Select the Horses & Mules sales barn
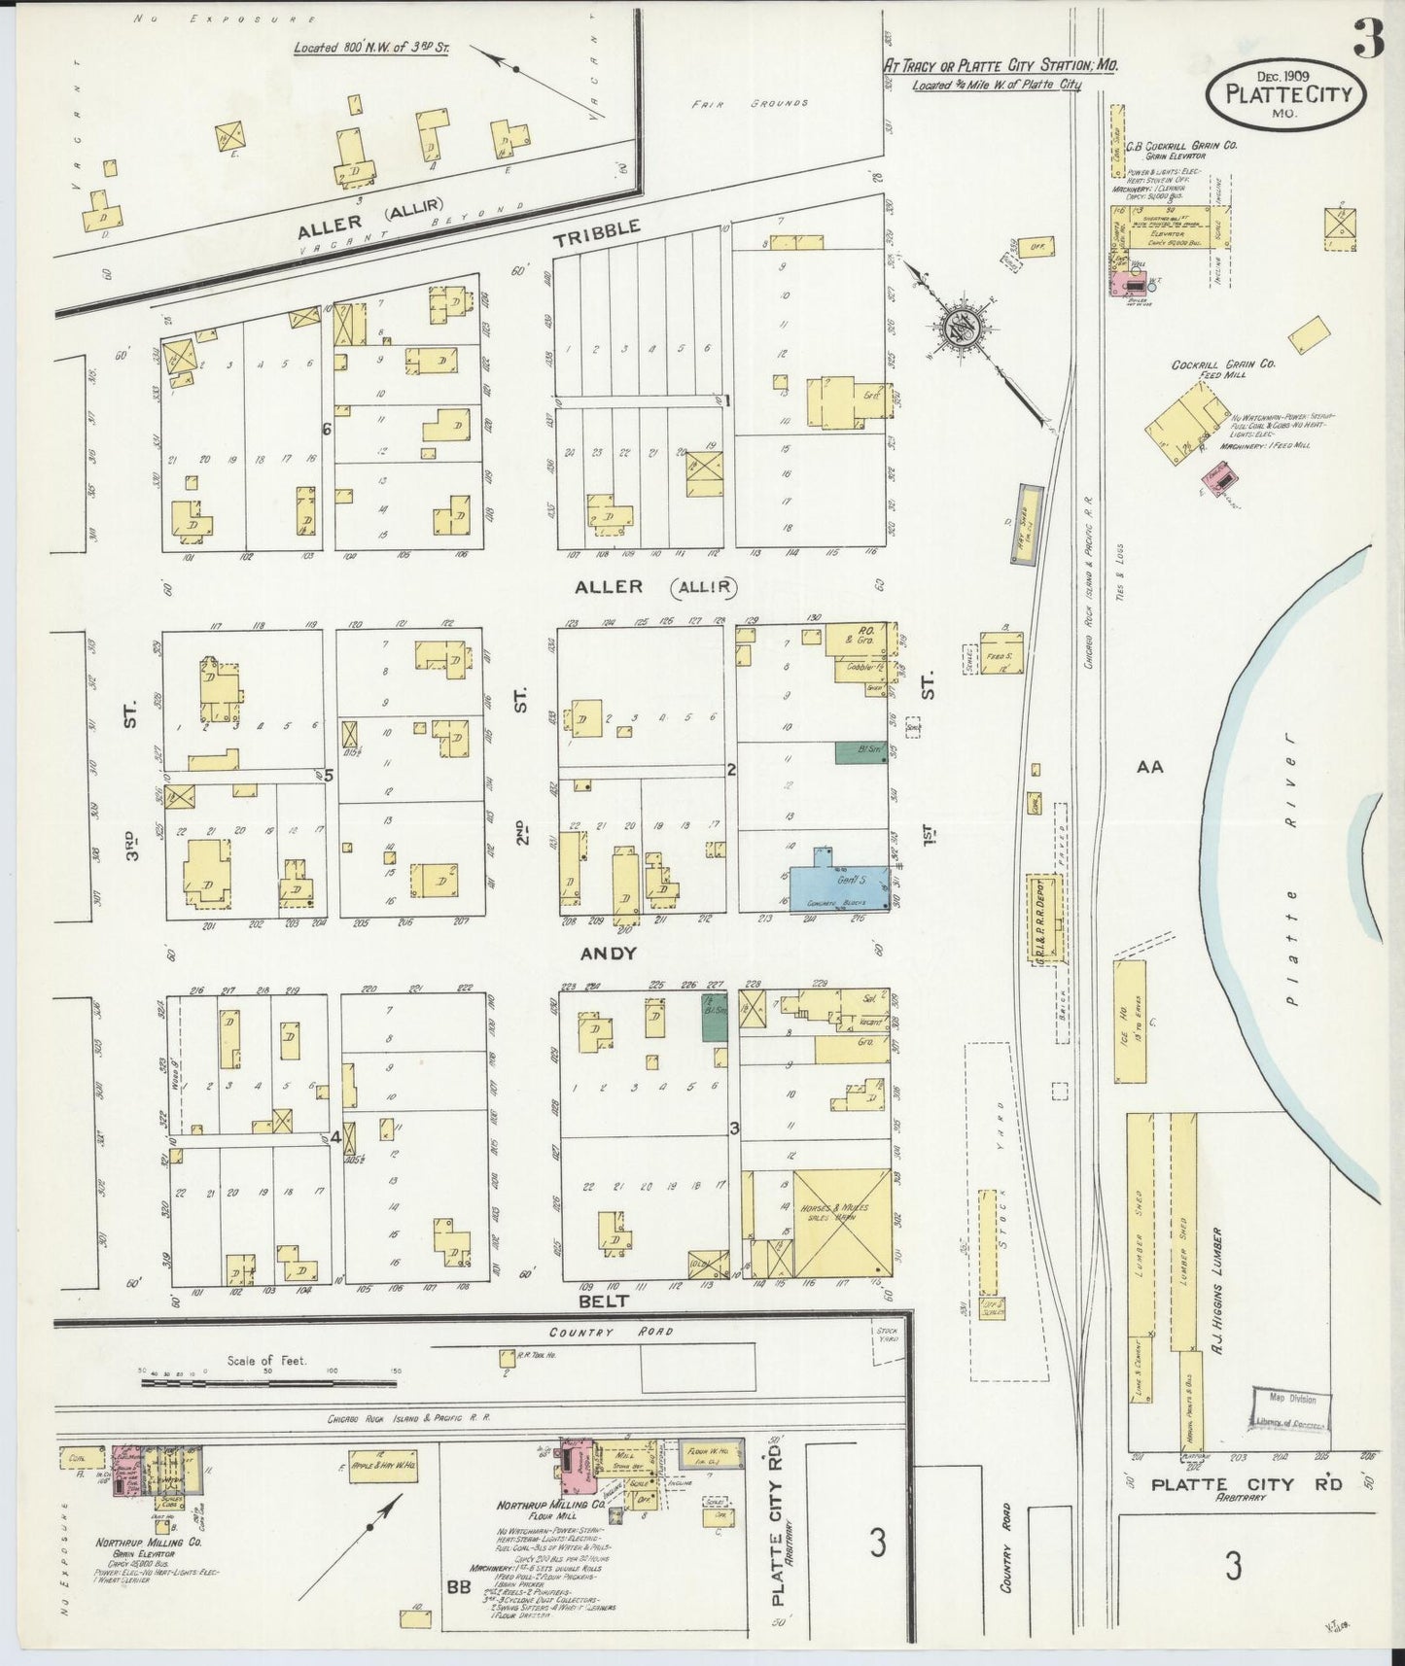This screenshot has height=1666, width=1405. coord(841,1221)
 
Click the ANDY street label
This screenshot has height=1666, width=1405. coord(609,954)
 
